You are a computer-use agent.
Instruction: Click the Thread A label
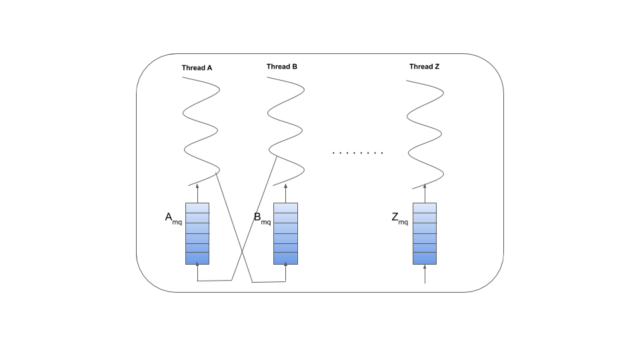197,67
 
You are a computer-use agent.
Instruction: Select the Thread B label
282,67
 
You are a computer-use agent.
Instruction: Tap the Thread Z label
425,67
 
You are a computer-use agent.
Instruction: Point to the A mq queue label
173,219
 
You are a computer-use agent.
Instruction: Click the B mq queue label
262,219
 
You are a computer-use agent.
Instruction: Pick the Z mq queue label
400,219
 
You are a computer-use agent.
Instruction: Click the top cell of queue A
197,207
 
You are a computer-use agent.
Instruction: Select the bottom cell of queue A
197,258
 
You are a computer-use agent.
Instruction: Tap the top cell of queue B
285,207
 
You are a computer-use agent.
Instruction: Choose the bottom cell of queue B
285,258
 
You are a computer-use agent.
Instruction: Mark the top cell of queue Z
425,207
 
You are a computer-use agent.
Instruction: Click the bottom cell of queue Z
425,258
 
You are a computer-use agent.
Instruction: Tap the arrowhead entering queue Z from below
425,266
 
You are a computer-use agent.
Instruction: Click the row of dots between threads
358,153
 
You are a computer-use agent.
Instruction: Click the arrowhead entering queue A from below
197,266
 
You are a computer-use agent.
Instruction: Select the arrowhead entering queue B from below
285,266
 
